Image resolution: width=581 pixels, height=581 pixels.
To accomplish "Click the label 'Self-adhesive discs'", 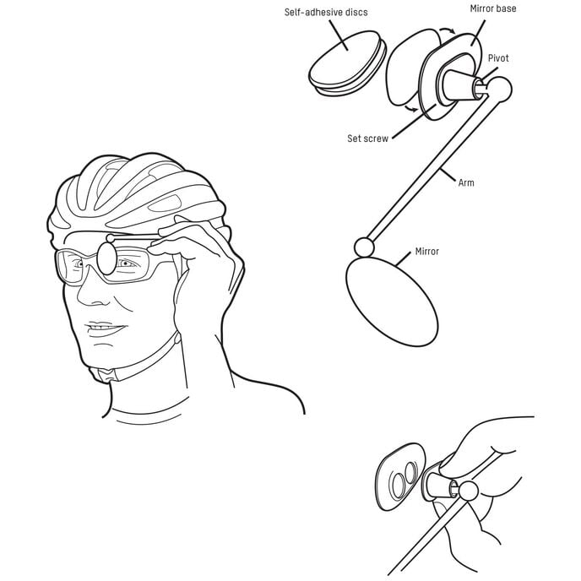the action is click(x=326, y=12).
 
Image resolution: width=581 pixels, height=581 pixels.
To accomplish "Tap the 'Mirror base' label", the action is click(x=493, y=8).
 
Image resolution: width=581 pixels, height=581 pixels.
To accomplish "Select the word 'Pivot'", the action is click(x=498, y=58).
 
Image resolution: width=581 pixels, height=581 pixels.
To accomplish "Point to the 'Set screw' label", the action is click(x=367, y=138).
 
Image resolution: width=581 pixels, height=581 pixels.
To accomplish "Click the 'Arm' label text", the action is click(x=466, y=182).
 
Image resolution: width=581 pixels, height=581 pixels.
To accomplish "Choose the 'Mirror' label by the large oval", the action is click(x=426, y=252).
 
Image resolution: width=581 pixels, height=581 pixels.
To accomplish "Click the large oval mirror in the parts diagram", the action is click(x=392, y=302).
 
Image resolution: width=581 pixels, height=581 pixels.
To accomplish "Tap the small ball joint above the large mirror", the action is click(x=364, y=247).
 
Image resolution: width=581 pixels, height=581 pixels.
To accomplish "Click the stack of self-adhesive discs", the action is click(x=347, y=63).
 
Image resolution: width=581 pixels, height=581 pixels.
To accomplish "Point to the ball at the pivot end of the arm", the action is click(x=500, y=90).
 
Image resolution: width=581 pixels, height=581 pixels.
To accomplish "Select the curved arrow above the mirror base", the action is click(x=448, y=30).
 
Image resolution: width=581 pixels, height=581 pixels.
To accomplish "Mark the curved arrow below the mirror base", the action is click(x=412, y=108).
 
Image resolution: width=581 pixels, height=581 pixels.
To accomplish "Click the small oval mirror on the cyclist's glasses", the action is click(x=106, y=258).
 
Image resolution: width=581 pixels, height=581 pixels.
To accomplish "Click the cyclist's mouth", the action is click(x=105, y=329).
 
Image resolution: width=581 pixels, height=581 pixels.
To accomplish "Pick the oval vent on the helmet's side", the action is click(x=166, y=203).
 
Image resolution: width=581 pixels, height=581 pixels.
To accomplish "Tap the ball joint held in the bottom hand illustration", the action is click(x=469, y=491).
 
